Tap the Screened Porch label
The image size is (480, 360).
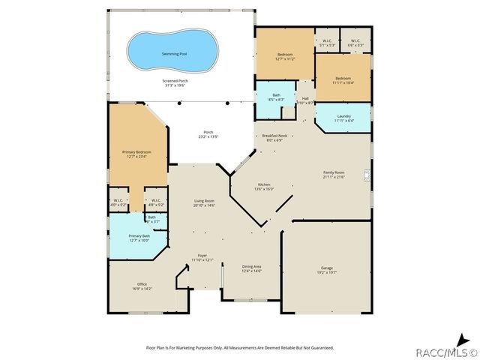(x=175, y=82)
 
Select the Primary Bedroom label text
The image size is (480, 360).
(x=136, y=154)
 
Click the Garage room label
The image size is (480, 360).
(x=326, y=269)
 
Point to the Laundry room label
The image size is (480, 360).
(x=343, y=118)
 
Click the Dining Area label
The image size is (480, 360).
(x=251, y=268)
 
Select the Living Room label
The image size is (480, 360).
(x=205, y=202)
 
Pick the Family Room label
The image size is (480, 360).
(x=333, y=175)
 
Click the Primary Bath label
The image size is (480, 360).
(x=130, y=238)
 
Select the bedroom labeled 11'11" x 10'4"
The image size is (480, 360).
(x=343, y=80)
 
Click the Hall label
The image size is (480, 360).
(x=305, y=100)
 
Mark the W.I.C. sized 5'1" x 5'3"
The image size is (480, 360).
(x=326, y=43)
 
